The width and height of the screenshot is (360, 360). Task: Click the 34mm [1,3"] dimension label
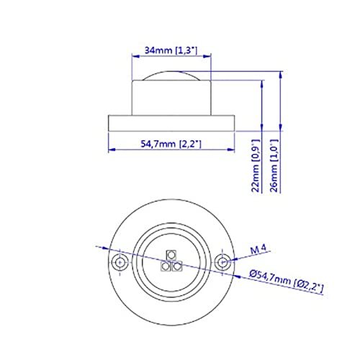[x=171, y=50]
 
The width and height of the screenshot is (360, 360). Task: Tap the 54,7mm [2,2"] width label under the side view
[x=171, y=144]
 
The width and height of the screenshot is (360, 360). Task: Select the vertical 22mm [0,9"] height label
[x=256, y=166]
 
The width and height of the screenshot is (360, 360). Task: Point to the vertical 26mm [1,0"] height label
[x=274, y=166]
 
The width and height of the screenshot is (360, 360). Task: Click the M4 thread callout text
[x=258, y=249]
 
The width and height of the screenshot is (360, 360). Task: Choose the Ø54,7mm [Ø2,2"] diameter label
[x=287, y=281]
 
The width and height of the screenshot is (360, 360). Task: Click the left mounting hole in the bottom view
[x=120, y=262]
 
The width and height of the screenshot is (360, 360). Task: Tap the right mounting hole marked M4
[x=222, y=262]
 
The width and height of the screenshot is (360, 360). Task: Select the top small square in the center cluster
[x=171, y=255]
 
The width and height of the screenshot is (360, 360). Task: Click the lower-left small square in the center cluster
[x=166, y=266]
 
